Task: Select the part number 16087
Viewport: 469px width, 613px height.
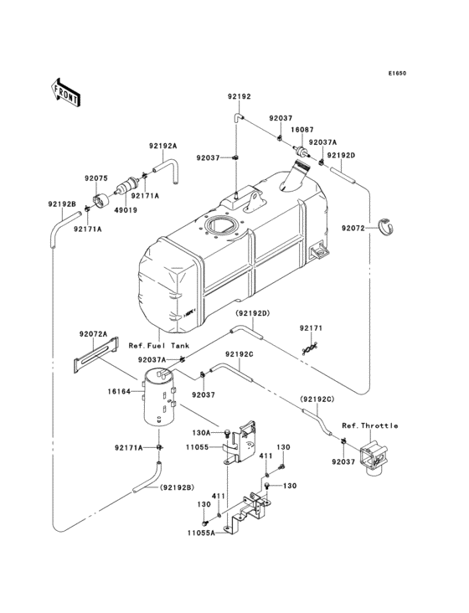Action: (x=302, y=131)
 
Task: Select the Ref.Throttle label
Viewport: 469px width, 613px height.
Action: (x=369, y=425)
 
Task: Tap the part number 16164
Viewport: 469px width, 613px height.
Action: (x=120, y=391)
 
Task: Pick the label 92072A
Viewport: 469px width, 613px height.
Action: (x=94, y=333)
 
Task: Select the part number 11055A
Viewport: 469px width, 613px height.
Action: (x=201, y=532)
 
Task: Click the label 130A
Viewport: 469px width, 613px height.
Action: (x=201, y=433)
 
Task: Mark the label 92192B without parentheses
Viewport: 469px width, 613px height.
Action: (x=62, y=204)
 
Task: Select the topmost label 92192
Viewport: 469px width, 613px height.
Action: (x=239, y=97)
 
